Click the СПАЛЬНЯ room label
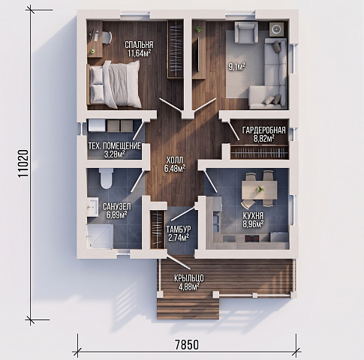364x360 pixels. pyautogui.click(x=139, y=45)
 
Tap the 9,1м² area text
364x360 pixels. pyautogui.click(x=236, y=67)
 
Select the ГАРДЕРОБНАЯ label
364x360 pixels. pyautogui.click(x=263, y=130)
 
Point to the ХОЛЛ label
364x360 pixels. pyautogui.click(x=175, y=160)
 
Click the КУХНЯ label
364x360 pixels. pyautogui.click(x=253, y=215)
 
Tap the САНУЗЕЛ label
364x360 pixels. pyautogui.click(x=117, y=206)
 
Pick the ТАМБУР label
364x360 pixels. pyautogui.click(x=179, y=229)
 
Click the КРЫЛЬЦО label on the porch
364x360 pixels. pyautogui.click(x=189, y=278)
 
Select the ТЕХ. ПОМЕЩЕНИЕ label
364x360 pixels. pyautogui.click(x=115, y=146)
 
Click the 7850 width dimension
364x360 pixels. pyautogui.click(x=187, y=345)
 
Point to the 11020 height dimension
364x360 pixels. pyautogui.click(x=23, y=163)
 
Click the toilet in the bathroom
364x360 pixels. pyautogui.click(x=107, y=178)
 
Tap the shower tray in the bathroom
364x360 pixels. pyautogui.click(x=100, y=236)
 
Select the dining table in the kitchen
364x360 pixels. pyautogui.click(x=259, y=190)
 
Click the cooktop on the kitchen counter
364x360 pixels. pyautogui.click(x=252, y=238)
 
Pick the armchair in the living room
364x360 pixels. pyautogui.click(x=246, y=32)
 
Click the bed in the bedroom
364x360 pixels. pyautogui.click(x=113, y=85)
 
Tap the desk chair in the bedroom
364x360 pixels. pyautogui.click(x=107, y=37)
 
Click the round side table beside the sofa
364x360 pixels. pyautogui.click(x=276, y=29)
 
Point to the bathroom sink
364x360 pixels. pyautogui.click(x=92, y=207)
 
